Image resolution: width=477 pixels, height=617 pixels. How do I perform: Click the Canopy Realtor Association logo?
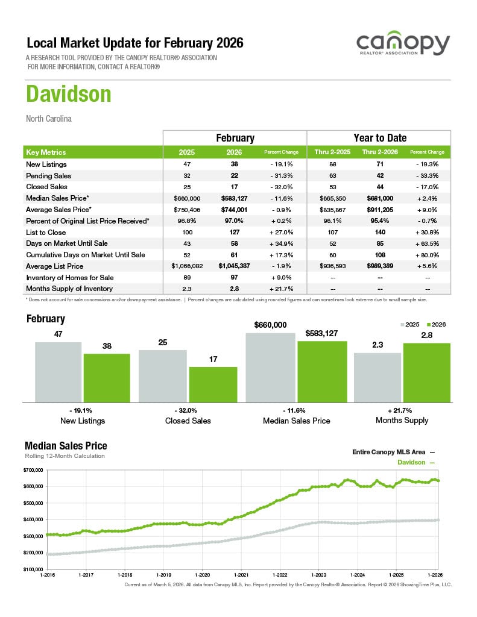coord(402,45)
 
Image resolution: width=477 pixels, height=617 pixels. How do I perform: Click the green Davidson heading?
coord(68,95)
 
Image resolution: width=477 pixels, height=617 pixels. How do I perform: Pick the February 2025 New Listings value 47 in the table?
coord(186,164)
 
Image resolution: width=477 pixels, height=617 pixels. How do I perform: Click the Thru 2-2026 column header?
coord(379,152)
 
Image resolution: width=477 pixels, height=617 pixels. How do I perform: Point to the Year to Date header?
coord(379,138)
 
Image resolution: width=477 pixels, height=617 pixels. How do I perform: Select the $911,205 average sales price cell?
coord(379,210)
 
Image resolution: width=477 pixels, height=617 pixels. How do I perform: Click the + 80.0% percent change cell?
coord(427,255)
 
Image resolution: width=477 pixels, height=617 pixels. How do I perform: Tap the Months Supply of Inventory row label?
coord(69,289)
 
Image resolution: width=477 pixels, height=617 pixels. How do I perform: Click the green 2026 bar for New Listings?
coord(107,378)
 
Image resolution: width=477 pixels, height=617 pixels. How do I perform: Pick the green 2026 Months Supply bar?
coord(426,372)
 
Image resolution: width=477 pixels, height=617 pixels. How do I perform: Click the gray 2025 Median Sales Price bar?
coord(271,368)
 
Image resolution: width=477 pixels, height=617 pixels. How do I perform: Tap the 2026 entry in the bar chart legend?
coord(435,324)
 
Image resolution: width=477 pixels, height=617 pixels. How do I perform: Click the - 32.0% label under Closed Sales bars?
coord(188,410)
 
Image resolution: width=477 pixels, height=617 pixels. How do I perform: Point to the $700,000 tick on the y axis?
coord(33,469)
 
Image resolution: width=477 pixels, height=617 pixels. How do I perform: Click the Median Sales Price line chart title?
coord(66,446)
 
